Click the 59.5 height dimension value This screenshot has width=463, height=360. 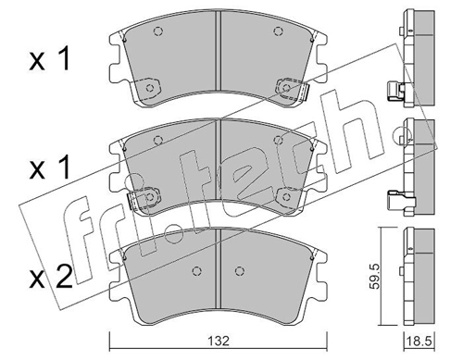point(374,276)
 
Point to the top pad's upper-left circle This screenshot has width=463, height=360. point(158,31)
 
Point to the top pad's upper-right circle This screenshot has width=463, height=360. point(278,31)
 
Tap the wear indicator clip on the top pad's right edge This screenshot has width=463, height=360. point(305,92)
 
